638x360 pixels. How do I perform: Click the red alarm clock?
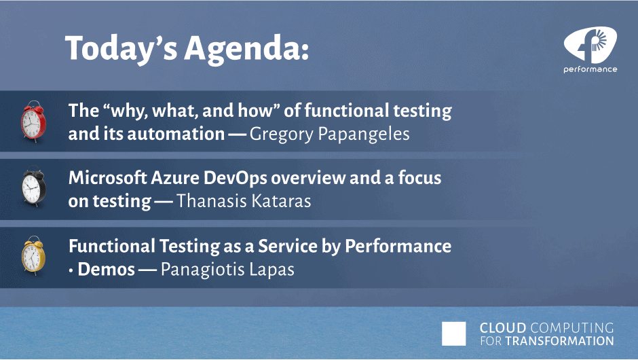[33, 122]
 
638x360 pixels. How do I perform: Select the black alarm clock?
[33, 187]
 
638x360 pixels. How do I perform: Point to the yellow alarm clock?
[33, 255]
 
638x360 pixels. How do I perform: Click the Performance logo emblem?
[590, 44]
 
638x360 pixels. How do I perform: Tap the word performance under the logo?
[590, 70]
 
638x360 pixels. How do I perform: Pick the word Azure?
[174, 178]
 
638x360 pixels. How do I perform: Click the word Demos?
[106, 269]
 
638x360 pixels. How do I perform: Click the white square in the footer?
[453, 334]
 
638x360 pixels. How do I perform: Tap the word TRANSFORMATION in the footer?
[559, 341]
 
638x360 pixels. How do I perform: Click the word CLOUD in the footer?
[503, 328]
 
